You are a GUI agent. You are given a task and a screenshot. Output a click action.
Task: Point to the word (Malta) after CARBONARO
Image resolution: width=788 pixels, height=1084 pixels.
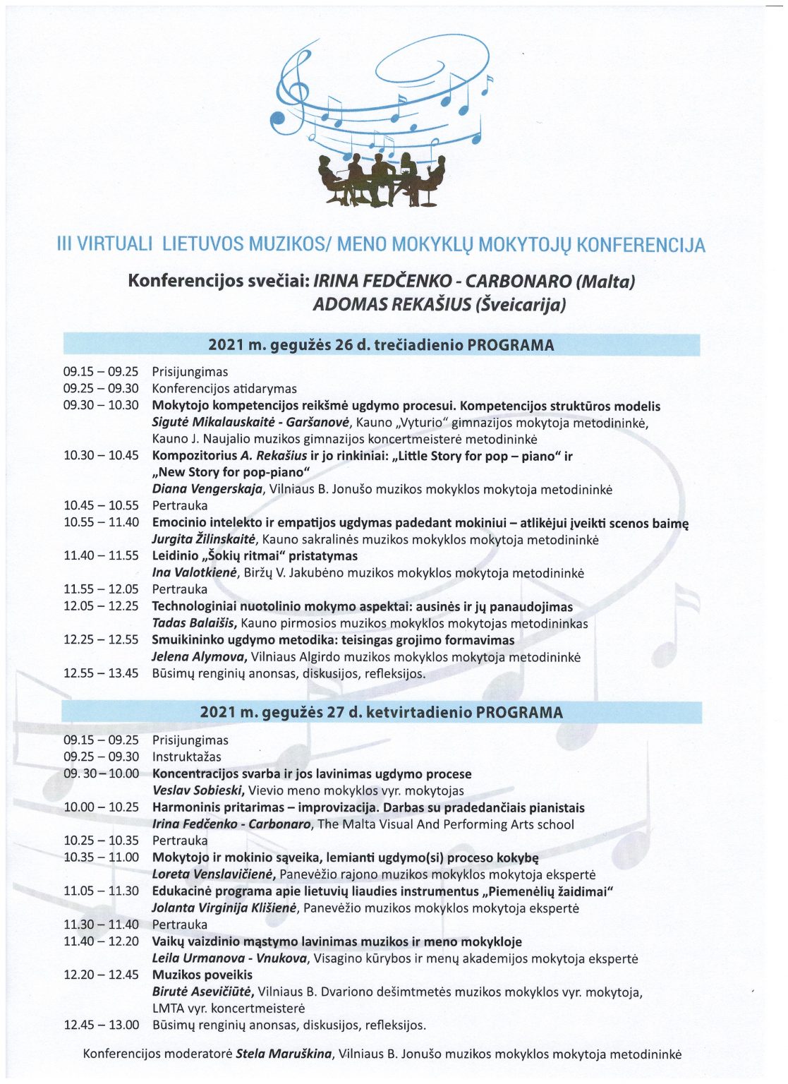pyautogui.click(x=605, y=281)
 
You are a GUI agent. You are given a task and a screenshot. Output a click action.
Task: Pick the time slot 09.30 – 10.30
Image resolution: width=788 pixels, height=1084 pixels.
pyautogui.click(x=101, y=406)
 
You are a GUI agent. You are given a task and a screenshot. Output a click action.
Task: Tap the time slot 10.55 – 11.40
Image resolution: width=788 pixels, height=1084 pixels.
pyautogui.click(x=101, y=523)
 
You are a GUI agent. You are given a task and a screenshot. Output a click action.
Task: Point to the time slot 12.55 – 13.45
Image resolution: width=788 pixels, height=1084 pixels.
pyautogui.click(x=101, y=673)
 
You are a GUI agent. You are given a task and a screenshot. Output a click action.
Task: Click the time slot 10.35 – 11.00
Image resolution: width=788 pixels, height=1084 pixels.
pyautogui.click(x=101, y=857)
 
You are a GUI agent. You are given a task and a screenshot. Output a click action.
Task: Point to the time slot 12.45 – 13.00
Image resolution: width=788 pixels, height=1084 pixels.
pyautogui.click(x=101, y=1025)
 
